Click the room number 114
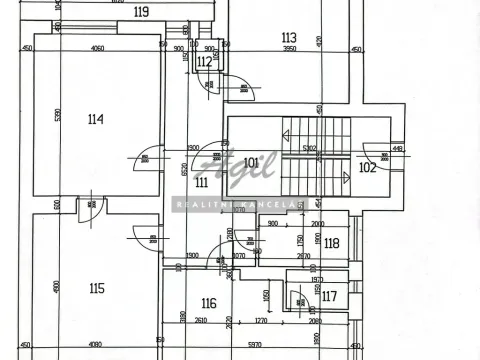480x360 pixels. tap(95, 120)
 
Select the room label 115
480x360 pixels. tap(96, 289)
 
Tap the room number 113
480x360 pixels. tap(290, 37)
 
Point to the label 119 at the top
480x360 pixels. tap(141, 13)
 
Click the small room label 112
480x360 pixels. tap(204, 62)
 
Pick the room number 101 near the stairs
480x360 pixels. tap(252, 162)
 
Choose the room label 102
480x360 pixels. tap(367, 167)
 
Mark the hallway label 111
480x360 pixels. tap(201, 183)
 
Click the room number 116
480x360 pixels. tap(208, 303)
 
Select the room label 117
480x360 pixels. tap(329, 296)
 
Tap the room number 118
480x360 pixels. tap(332, 243)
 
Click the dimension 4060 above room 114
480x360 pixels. tap(98, 49)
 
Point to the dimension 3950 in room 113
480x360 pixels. tap(290, 49)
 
